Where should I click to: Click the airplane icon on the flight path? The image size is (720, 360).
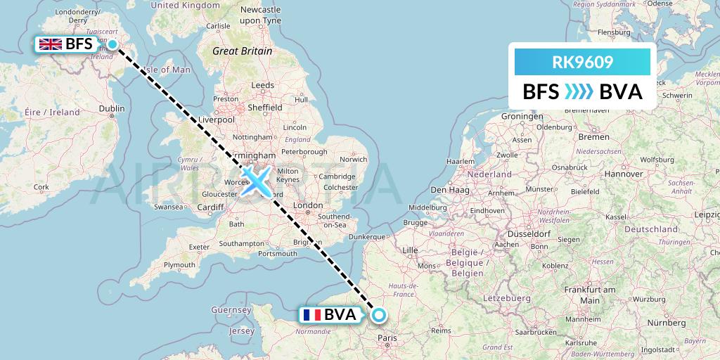coord(255,181)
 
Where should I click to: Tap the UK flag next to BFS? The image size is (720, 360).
coord(51,44)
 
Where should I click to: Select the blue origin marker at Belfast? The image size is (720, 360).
coord(112,44)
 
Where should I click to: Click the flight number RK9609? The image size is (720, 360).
coord(583,63)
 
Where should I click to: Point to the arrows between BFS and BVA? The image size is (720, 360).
coord(579,92)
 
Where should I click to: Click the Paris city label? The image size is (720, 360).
coord(387,338)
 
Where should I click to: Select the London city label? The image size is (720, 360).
coord(307,205)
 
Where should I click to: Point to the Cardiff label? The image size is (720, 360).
coord(210,207)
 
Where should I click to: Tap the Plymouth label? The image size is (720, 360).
coord(179,264)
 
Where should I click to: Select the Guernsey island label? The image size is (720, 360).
coord(231,309)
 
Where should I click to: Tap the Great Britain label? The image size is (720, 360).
coord(243,51)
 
